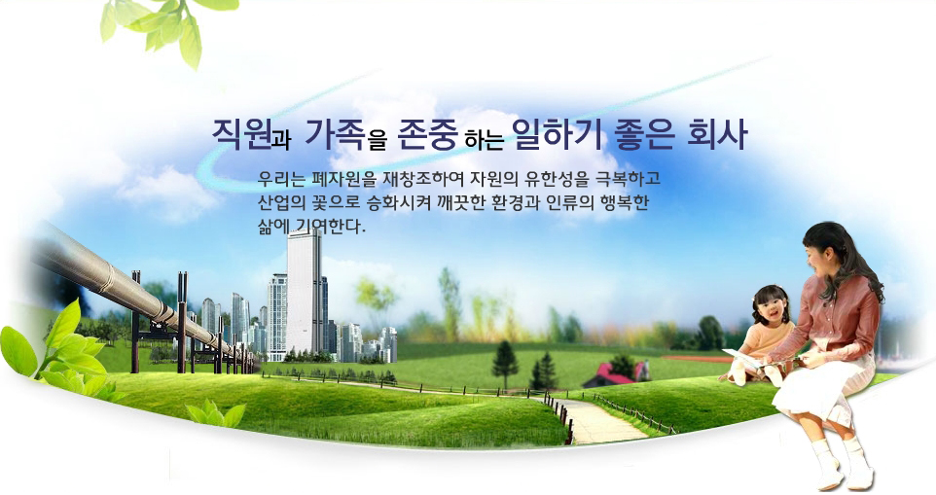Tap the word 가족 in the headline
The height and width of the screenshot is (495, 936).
pos(334,133)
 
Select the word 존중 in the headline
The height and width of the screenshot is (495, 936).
pos(427,133)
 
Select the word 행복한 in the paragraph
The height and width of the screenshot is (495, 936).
pos(626,203)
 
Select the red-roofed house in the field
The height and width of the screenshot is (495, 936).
pos(615,374)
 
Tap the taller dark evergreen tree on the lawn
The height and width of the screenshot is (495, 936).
pos(505,365)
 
